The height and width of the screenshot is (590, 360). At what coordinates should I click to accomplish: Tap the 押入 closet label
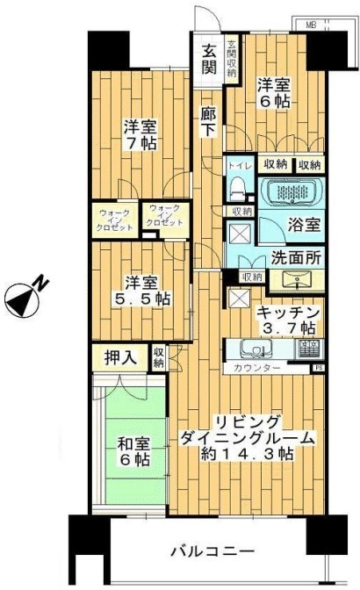pyautogui.click(x=120, y=358)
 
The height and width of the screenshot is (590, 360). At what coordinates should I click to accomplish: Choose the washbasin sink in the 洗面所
pyautogui.click(x=294, y=279)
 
